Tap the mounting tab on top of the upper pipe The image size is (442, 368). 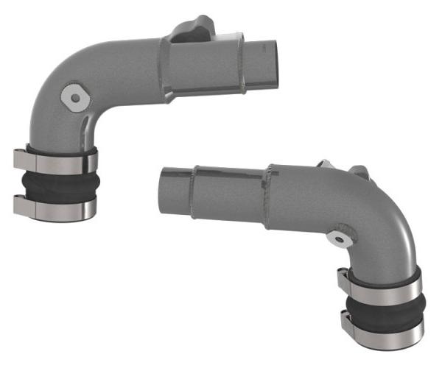[193, 29]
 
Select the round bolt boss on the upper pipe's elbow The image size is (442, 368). [75, 95]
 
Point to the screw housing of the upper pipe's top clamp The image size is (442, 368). [20, 158]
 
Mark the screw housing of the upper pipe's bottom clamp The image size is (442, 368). [20, 204]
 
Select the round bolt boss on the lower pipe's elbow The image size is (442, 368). [339, 237]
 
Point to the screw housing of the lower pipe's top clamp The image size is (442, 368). [343, 278]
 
